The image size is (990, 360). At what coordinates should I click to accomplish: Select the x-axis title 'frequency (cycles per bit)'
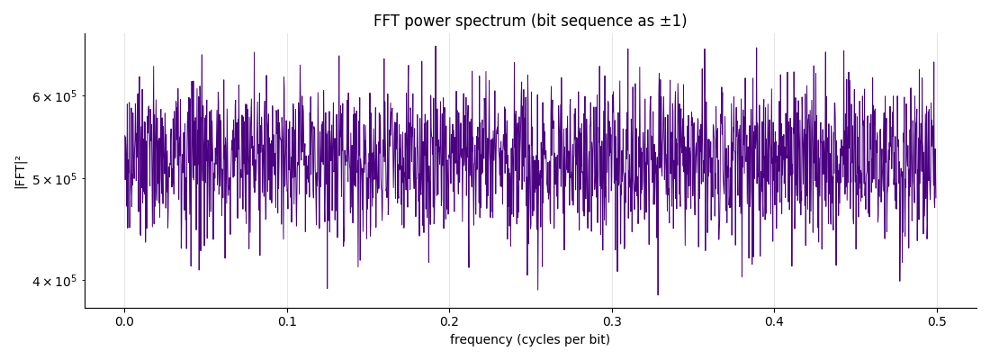pos(530,340)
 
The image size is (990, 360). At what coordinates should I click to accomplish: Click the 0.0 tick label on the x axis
pos(124,321)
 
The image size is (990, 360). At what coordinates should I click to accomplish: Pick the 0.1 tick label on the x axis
pos(287,321)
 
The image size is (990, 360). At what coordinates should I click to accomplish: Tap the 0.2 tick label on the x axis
pos(449,321)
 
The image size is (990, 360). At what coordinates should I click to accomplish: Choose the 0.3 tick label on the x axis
pos(612,321)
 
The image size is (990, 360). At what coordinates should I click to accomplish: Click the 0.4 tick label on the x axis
pos(774,321)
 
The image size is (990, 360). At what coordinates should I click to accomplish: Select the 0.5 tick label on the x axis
pos(937,321)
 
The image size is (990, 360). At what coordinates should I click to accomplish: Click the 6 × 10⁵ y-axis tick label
pos(58,96)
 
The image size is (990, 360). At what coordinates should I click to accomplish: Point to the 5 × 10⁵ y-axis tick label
pos(58,179)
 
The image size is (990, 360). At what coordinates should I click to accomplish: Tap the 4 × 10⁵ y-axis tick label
pos(58,281)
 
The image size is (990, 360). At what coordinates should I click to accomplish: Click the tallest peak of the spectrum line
pos(435,46)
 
